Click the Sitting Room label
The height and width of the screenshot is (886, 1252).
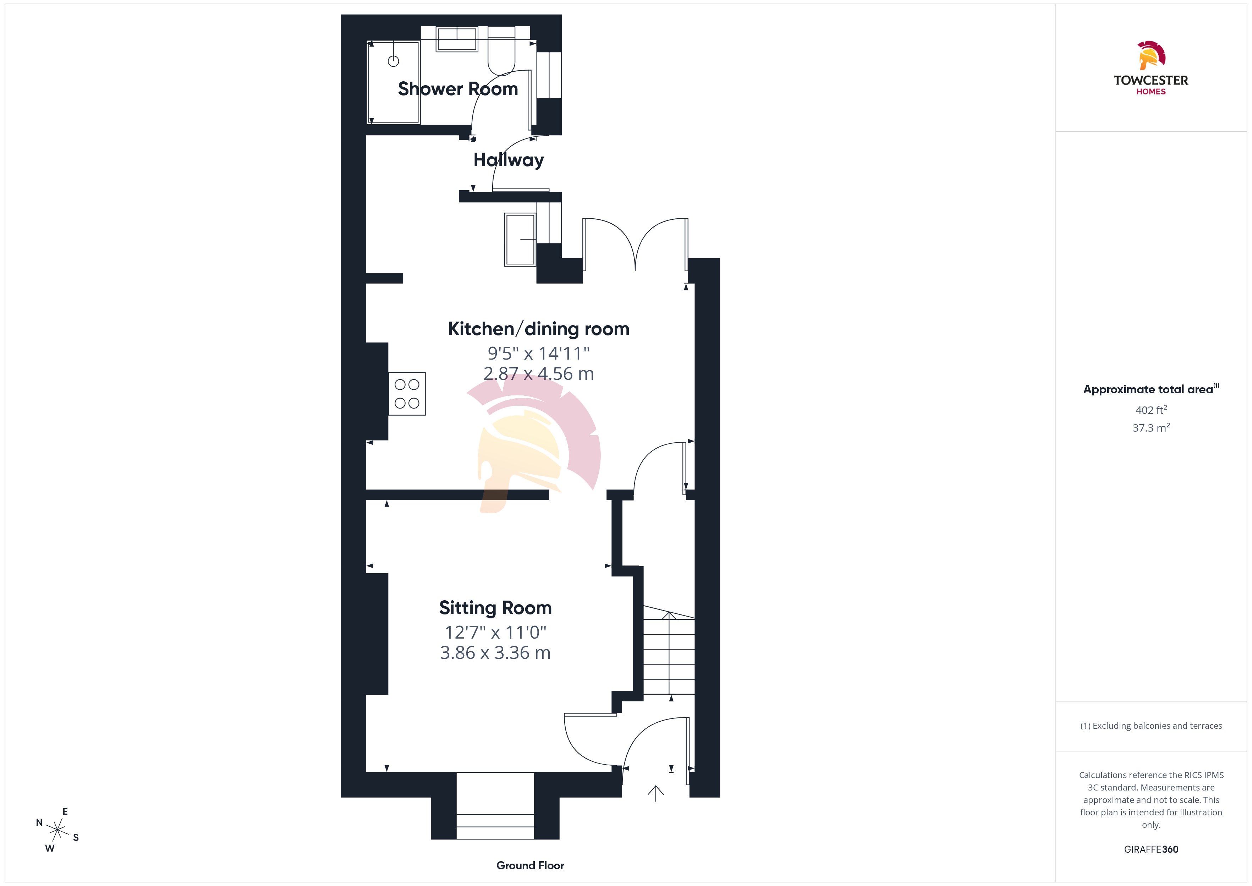(x=495, y=608)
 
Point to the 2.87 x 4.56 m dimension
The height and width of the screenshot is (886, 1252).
(x=538, y=374)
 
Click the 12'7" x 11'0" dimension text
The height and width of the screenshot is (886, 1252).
(x=495, y=632)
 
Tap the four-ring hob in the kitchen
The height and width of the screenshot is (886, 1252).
(x=407, y=394)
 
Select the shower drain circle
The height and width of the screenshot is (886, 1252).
(x=393, y=61)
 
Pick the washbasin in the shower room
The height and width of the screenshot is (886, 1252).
(x=457, y=39)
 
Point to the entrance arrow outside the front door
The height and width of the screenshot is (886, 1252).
(x=655, y=793)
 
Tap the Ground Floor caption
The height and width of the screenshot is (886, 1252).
(x=530, y=865)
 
